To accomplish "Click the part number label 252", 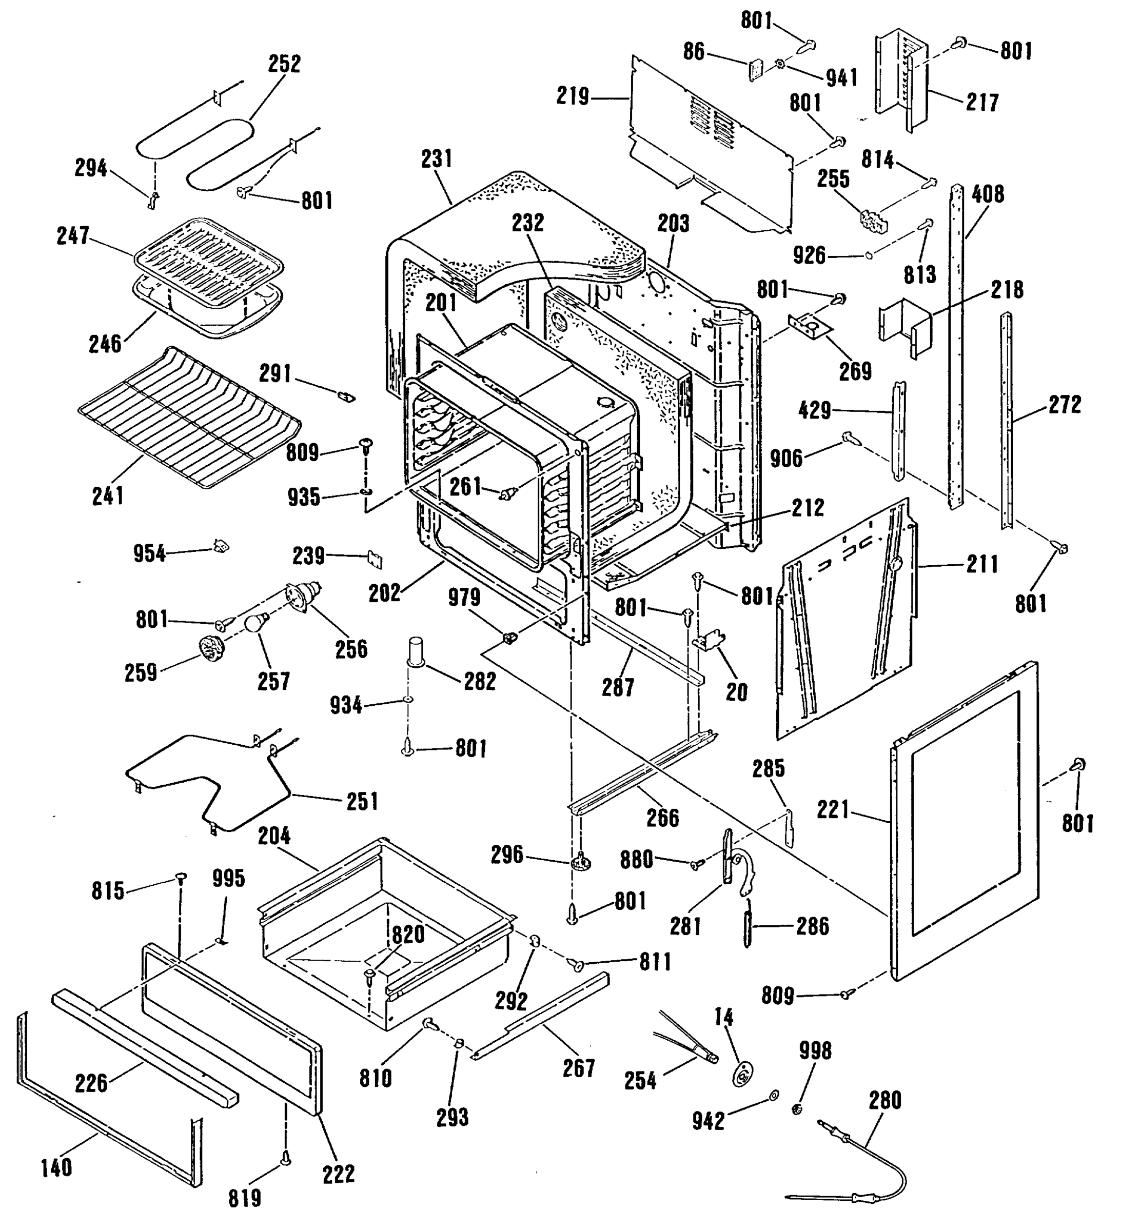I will (285, 64).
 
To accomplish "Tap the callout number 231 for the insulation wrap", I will (437, 160).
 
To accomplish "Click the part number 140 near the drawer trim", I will (56, 1167).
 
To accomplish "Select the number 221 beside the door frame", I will (833, 810).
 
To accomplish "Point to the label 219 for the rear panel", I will (573, 96).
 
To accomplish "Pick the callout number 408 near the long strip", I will (988, 194).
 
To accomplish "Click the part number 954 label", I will (150, 554).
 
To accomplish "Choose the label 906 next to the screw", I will (786, 458).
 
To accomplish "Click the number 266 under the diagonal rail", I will (663, 818).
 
